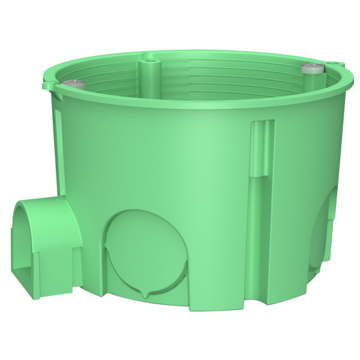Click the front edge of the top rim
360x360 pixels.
[180, 109]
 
